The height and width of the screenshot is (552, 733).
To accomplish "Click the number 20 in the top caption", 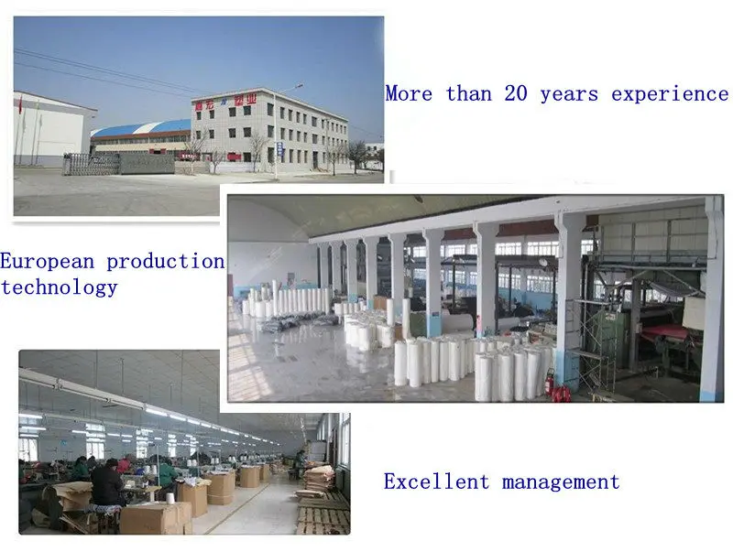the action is [x=516, y=93].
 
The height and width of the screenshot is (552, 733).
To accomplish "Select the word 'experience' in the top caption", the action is [x=670, y=94].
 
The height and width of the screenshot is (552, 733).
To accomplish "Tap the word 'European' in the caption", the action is [x=48, y=262].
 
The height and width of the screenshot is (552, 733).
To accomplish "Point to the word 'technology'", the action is [x=59, y=287].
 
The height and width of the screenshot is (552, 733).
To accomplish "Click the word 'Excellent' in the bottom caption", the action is [x=436, y=482].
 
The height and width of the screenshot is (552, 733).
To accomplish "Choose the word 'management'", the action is [x=561, y=482].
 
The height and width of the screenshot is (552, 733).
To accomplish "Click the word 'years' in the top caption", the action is [x=569, y=95].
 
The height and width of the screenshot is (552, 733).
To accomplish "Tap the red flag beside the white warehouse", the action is [x=20, y=104].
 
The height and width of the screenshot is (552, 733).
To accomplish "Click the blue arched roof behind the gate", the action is [x=141, y=127].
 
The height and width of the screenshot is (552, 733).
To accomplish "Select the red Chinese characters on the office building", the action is [x=225, y=103].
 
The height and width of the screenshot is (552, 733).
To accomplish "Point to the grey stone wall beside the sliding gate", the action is [x=148, y=164].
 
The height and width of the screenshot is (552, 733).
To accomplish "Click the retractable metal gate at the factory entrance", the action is [x=92, y=165].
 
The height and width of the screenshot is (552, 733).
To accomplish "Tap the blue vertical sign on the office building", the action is [x=279, y=149].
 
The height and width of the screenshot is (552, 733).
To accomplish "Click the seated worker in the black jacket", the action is [x=107, y=486].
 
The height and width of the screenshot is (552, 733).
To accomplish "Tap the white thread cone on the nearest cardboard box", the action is [x=170, y=498].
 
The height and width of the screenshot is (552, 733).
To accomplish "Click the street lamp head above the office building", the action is [x=296, y=86].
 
